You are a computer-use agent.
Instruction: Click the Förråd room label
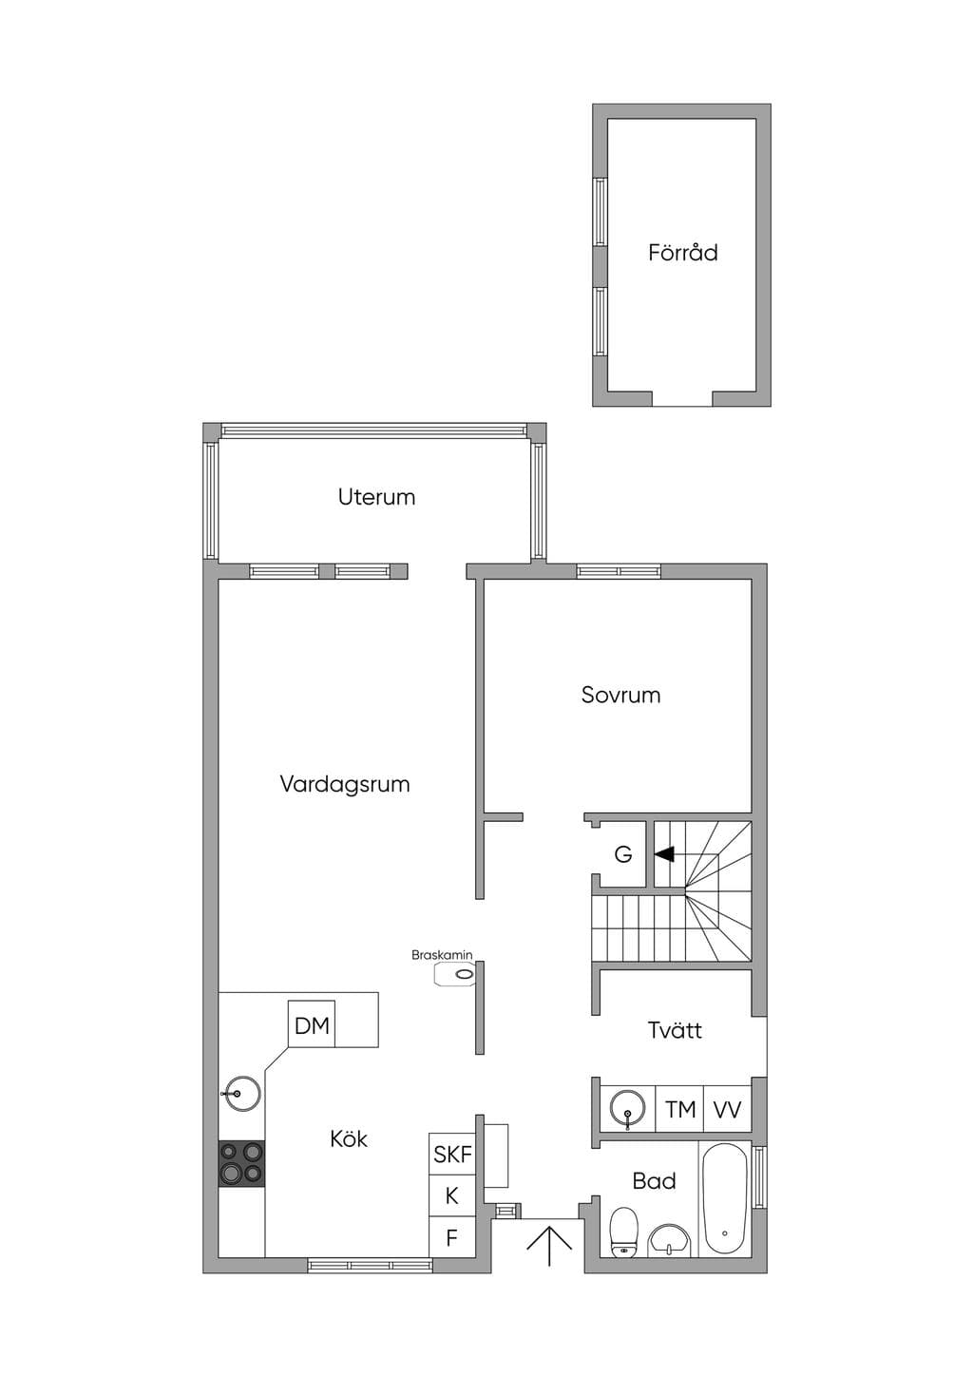(682, 253)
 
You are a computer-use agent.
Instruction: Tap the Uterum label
(376, 497)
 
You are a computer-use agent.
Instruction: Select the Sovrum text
(620, 695)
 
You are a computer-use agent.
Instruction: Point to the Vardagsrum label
(345, 784)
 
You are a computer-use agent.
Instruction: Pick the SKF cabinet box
(452, 1155)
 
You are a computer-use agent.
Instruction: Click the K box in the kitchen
(452, 1195)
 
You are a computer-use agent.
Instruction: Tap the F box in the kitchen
(452, 1236)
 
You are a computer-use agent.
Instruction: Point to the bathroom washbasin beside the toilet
(670, 1241)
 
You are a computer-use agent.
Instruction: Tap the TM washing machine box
(680, 1109)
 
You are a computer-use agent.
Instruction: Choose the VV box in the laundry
(727, 1109)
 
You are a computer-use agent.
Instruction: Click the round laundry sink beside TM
(628, 1109)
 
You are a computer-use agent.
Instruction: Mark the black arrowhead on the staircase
(664, 854)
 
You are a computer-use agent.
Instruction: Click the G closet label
(623, 854)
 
